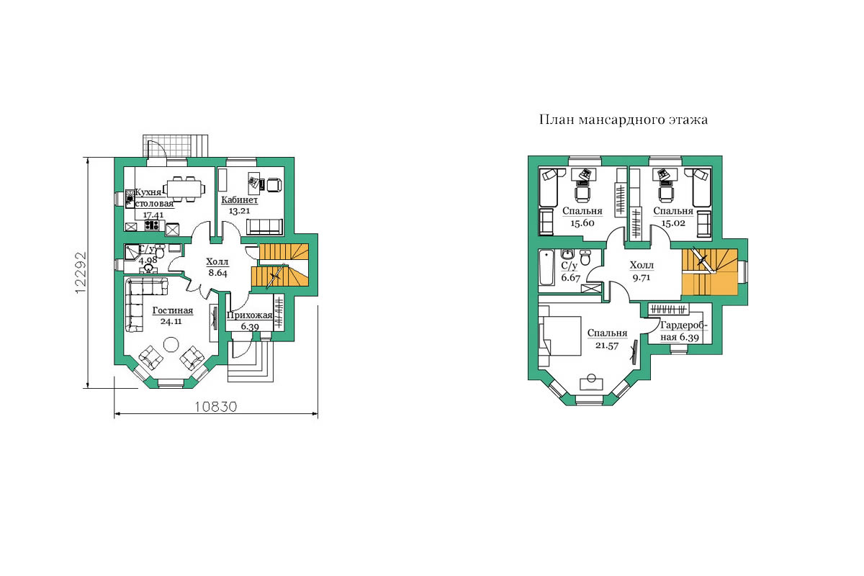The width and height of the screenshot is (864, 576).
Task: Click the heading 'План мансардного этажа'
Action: click(624, 120)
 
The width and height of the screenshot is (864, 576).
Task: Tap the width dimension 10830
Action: click(215, 407)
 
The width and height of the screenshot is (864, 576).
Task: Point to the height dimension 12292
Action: click(81, 272)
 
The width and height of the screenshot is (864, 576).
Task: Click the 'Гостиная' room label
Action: click(172, 310)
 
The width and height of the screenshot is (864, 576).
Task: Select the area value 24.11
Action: click(171, 321)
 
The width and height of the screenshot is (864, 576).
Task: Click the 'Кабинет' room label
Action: click(239, 200)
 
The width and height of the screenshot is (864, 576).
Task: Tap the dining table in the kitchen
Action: click(184, 189)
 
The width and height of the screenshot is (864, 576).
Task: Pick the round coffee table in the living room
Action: click(171, 344)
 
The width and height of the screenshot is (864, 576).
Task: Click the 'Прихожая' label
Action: click(249, 315)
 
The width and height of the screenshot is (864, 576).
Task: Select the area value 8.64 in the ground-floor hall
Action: click(217, 273)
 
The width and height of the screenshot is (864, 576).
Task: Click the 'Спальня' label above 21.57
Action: click(607, 333)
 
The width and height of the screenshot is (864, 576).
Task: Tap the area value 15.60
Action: click(582, 223)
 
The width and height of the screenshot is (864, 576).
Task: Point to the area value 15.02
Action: click(673, 223)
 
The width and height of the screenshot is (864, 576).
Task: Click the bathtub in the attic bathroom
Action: click(546, 267)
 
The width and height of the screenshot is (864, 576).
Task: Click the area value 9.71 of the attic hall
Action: click(641, 278)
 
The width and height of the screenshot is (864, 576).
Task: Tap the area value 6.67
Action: click(570, 277)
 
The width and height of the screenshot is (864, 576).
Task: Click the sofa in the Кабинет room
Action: click(264, 228)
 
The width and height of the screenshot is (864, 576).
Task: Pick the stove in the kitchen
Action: click(152, 225)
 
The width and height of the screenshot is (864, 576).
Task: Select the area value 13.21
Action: click(239, 211)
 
